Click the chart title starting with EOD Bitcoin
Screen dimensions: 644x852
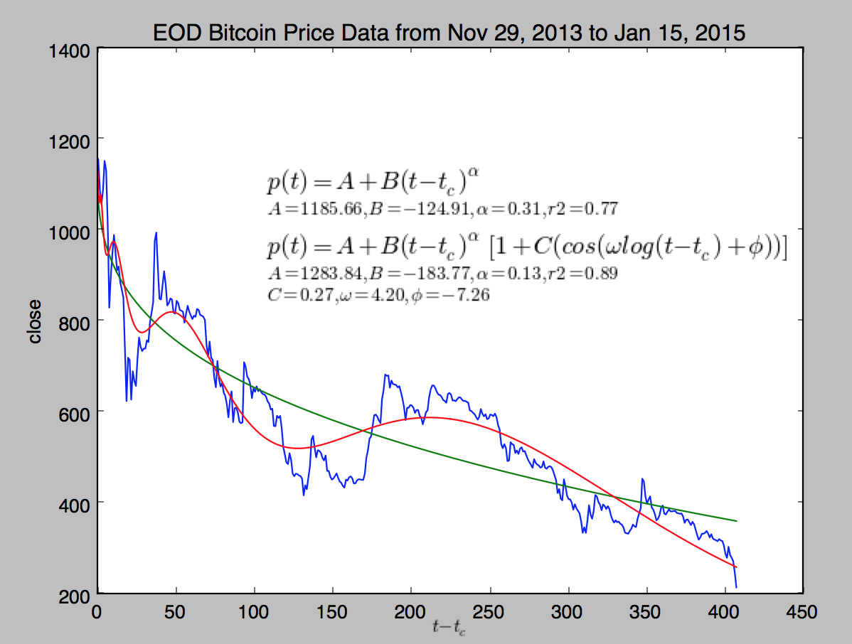449,33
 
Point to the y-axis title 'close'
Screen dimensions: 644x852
35,321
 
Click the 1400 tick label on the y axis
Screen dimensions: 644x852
70,50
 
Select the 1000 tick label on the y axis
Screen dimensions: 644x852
70,230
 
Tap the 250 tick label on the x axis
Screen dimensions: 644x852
489,611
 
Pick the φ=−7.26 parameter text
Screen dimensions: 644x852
449,294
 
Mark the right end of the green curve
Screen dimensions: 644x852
736,521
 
